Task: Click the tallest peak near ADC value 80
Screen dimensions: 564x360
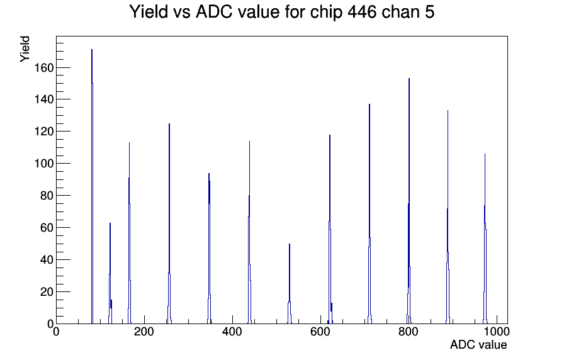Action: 92,187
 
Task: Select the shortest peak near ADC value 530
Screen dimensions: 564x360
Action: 290,284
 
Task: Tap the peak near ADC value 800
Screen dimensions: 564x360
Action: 409,201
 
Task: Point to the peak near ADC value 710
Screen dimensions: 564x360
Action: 369,214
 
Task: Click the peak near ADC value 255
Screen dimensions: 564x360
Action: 169,223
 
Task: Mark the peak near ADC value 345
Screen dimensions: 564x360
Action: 209,248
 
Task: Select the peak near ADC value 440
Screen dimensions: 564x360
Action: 250,232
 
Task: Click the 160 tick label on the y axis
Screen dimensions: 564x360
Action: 44,67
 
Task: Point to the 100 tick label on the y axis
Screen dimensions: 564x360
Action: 44,164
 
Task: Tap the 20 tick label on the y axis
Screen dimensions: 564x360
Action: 47,291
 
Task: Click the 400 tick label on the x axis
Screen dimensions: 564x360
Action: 232,332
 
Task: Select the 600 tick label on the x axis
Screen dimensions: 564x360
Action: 320,332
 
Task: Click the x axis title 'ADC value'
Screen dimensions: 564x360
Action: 478,345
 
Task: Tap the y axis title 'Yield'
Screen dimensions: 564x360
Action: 25,49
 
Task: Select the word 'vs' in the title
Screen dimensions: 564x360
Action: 182,14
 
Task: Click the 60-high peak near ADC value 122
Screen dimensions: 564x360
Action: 110,273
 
